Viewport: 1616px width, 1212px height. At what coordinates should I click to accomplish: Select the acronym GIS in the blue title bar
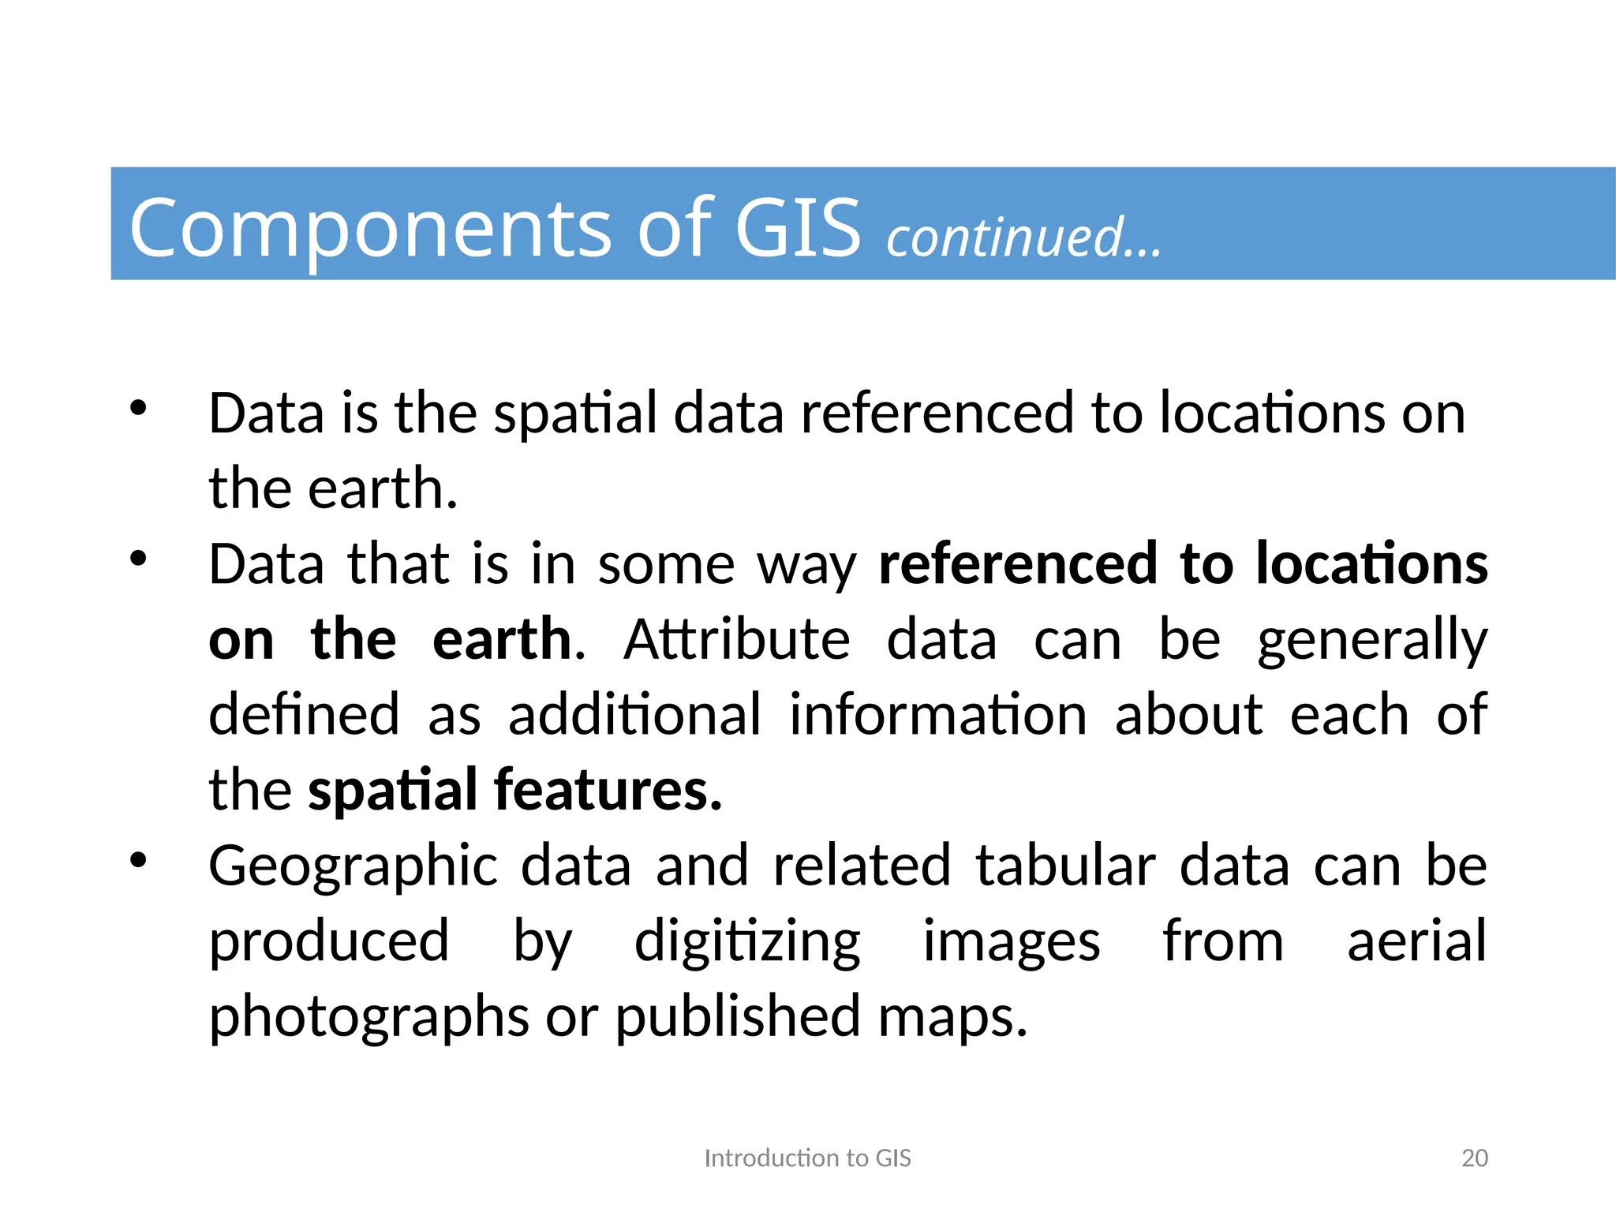798,228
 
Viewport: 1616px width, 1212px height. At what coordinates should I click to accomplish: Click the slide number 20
1474,1158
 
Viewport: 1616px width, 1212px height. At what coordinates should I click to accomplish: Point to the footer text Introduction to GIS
807,1158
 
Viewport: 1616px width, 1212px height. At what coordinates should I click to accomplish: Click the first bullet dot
138,408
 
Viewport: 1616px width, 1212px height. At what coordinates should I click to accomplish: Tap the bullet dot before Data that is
138,559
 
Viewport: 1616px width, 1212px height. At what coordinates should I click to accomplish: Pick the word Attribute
737,640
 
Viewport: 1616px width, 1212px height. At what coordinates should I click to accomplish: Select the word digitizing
747,943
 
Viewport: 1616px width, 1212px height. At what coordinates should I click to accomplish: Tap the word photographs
368,1018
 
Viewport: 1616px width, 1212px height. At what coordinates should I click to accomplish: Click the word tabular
1065,866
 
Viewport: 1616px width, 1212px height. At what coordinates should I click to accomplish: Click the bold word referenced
1018,565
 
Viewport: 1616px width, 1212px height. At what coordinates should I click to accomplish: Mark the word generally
1372,642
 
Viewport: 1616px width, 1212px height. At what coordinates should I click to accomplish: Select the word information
938,715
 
